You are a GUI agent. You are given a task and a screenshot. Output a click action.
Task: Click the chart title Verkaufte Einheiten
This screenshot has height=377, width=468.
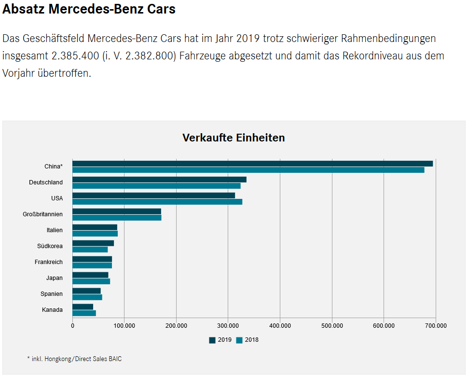coord(234,138)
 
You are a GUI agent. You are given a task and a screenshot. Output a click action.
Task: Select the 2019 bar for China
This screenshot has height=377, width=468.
coord(252,164)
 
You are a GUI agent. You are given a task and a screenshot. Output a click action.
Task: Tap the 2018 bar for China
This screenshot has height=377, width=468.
coord(248,170)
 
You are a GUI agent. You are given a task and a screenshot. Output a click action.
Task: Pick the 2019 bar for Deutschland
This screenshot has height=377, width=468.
coord(159,180)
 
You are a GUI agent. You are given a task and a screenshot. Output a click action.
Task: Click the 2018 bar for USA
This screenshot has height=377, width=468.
coord(157,202)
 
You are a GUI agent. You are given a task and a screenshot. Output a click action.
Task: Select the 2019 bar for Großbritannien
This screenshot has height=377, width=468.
coord(117,211)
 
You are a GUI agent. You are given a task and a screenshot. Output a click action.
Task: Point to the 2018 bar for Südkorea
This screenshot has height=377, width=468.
coord(90,250)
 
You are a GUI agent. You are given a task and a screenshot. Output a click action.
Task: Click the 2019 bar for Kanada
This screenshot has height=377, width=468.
coord(83,307)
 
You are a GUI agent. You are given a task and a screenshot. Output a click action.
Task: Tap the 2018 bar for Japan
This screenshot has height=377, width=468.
coord(91,281)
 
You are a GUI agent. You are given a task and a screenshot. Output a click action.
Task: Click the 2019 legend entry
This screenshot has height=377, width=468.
coord(220,340)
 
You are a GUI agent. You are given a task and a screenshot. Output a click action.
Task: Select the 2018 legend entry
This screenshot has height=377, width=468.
coord(248,340)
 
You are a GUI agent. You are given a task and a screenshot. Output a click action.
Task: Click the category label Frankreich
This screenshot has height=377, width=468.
coord(49,262)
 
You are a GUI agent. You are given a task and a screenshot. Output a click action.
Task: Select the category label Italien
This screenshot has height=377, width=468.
coord(55,230)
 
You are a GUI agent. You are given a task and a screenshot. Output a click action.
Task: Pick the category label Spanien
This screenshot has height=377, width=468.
coord(52,294)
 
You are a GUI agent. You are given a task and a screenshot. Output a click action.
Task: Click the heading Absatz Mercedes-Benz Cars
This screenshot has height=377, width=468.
coord(89,9)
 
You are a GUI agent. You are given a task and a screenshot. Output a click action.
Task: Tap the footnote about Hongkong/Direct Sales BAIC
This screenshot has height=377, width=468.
coord(74,359)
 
